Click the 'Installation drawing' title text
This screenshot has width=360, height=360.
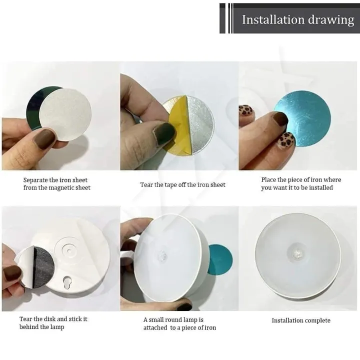click(x=297, y=19)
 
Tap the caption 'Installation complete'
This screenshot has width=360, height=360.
click(x=301, y=320)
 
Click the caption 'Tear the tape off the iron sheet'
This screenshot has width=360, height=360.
click(x=182, y=184)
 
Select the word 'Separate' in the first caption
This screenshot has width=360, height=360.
click(x=35, y=180)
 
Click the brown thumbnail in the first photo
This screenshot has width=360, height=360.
click(x=45, y=138)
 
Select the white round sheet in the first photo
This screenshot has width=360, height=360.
click(x=65, y=114)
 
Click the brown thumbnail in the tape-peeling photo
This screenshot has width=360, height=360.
click(x=163, y=133)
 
